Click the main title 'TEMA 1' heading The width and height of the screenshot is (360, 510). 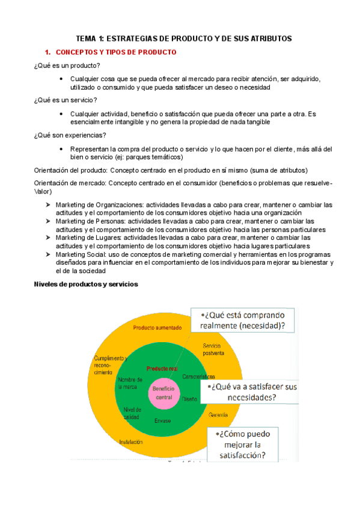coord(180,38)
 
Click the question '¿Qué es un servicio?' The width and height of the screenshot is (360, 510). coord(66,100)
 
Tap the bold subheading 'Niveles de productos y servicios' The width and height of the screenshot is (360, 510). coord(86,284)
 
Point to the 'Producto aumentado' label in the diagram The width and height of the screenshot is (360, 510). coord(157,328)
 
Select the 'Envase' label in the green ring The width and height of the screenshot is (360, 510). coord(162,420)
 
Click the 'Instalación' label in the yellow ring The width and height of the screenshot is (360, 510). coord(131,442)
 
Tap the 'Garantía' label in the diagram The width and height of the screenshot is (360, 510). coord(219,415)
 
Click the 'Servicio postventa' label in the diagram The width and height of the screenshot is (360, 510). coord(214,349)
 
